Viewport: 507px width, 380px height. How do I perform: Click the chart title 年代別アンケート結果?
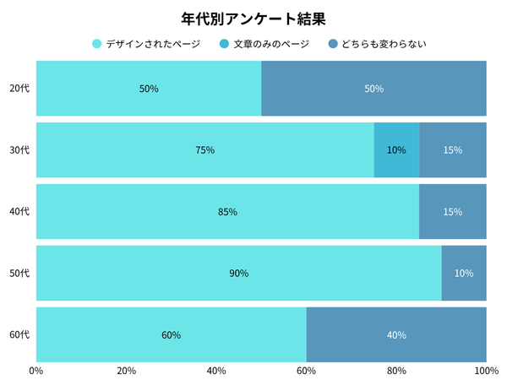click(x=253, y=18)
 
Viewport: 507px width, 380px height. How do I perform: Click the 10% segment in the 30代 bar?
click(x=396, y=150)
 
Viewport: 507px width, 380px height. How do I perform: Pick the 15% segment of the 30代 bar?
click(x=453, y=150)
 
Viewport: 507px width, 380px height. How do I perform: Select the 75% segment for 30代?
click(x=204, y=150)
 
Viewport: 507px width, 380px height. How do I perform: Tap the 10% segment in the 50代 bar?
click(x=464, y=274)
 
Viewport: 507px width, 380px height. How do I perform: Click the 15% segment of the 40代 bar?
click(x=453, y=212)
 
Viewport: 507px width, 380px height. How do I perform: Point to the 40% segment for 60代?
click(x=396, y=335)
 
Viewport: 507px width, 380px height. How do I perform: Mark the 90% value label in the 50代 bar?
click(x=238, y=274)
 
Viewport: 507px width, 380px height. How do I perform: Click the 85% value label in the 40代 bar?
click(x=227, y=212)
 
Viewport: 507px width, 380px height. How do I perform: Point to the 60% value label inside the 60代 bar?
click(x=171, y=335)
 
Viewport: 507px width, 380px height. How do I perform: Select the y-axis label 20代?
click(x=19, y=89)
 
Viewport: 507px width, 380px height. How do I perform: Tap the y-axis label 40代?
click(x=19, y=212)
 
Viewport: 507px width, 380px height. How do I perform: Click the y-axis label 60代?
click(x=19, y=335)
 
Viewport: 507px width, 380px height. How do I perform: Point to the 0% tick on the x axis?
click(x=36, y=370)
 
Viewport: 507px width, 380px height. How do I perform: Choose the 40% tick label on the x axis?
click(x=216, y=370)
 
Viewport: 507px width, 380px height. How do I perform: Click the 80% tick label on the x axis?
click(x=396, y=370)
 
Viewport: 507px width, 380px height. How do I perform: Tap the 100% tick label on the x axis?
click(x=486, y=370)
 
